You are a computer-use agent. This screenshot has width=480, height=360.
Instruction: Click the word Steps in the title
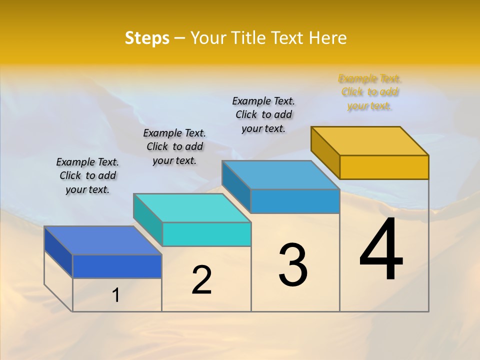[x=147, y=38]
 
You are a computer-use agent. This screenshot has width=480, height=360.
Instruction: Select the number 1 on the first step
[x=115, y=295]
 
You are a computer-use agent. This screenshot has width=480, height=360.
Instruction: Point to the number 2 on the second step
[x=201, y=280]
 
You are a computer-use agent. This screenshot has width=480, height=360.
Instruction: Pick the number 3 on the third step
[x=292, y=265]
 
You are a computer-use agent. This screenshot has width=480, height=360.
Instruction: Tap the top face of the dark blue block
[x=102, y=240]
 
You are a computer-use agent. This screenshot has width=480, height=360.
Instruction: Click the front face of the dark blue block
[x=117, y=266]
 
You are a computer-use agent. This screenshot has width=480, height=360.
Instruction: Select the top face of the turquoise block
[x=192, y=208]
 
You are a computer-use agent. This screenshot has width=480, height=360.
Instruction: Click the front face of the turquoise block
[x=206, y=234]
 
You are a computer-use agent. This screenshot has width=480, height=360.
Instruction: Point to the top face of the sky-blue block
[x=280, y=175]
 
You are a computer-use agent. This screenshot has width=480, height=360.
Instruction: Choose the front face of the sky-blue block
[x=295, y=201]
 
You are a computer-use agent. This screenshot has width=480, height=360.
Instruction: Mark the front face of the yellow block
[x=384, y=167]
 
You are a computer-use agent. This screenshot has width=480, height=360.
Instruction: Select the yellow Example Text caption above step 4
[x=369, y=92]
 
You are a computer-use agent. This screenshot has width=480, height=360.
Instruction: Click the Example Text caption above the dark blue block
[x=87, y=175]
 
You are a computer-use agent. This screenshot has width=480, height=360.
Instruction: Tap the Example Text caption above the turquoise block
[x=174, y=146]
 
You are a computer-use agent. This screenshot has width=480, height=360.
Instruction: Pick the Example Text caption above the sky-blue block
[x=263, y=114]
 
